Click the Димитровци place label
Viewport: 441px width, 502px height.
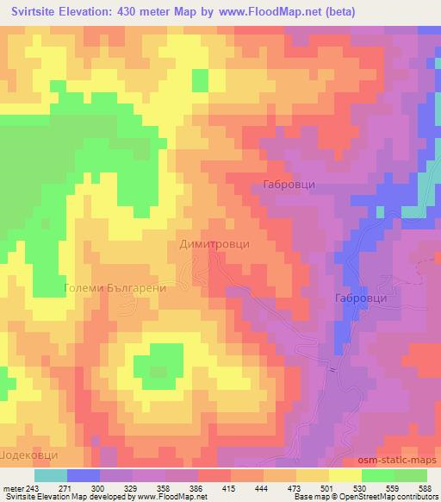tap(214, 244)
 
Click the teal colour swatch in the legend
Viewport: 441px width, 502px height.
tap(51, 474)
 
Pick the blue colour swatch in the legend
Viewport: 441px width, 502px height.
tap(84, 474)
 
